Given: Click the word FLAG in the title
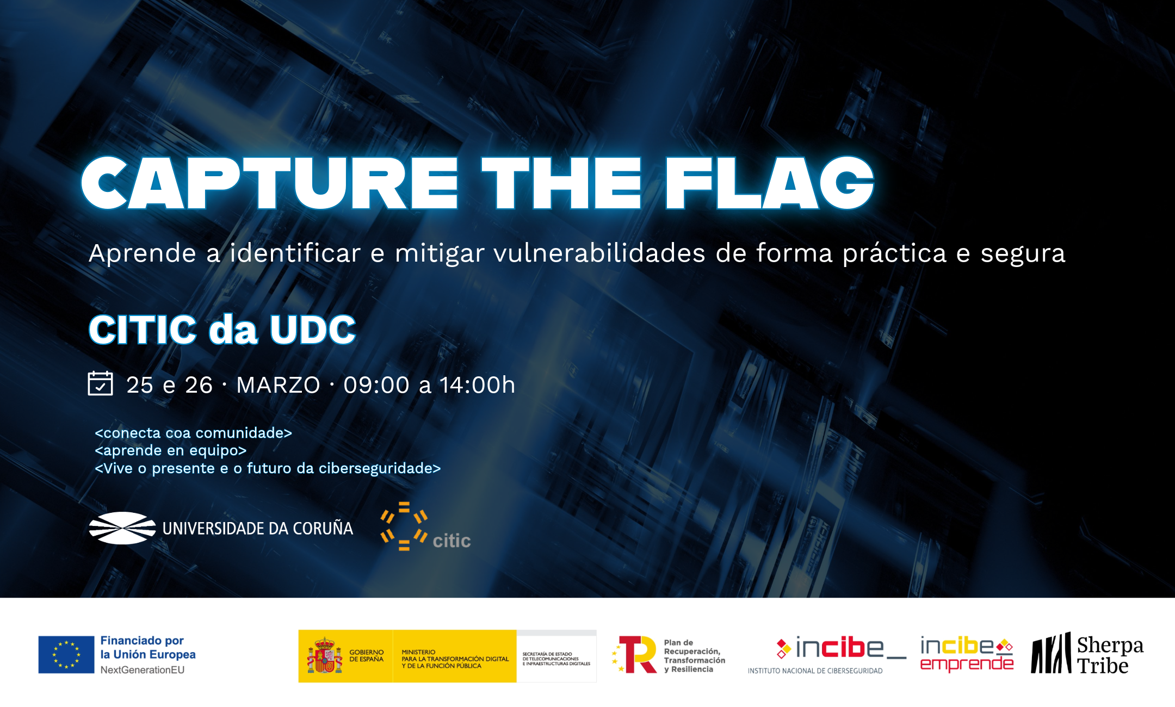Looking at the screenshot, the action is coord(769,183).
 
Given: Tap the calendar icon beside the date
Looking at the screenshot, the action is coord(100,383).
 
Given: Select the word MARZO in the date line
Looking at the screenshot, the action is coord(278,385).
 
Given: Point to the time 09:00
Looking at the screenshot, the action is coord(376,385).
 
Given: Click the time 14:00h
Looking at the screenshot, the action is coord(477,385).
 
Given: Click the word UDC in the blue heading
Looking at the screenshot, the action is coord(313,330).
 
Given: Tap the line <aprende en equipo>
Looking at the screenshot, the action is coord(171,451).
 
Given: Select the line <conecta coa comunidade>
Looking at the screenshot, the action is coord(193,433).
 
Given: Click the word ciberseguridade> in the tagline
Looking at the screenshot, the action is coord(380,468).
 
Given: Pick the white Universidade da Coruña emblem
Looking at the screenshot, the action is coord(122,528).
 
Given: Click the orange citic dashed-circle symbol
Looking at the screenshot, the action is coord(404,526).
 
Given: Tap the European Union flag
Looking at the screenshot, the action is coord(66,655).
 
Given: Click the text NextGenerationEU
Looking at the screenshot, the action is coord(143,670).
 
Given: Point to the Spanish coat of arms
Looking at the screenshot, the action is coord(324,656).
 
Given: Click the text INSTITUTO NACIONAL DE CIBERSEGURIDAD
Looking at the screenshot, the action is coord(815,671).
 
